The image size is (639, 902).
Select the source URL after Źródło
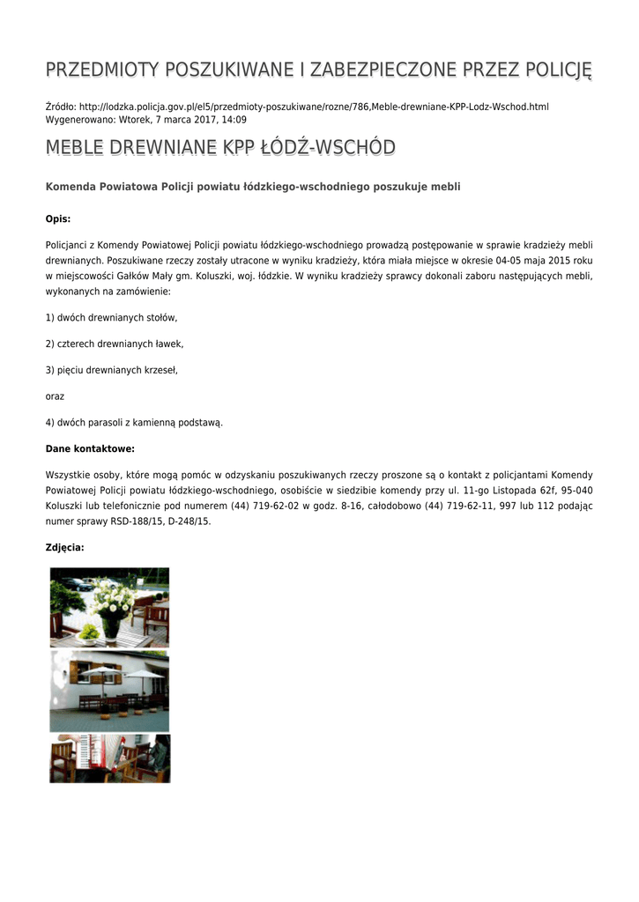tap(314, 107)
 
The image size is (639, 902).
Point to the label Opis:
tap(58, 218)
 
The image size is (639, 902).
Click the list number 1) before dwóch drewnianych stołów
tap(50, 317)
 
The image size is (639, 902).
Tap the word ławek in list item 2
tap(169, 344)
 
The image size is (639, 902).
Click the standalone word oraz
tap(55, 396)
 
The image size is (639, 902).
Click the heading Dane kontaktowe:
tap(90, 448)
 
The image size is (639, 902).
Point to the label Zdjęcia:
tap(65, 547)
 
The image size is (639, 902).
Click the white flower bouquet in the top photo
tap(112, 600)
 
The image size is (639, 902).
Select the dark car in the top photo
tap(75, 583)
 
